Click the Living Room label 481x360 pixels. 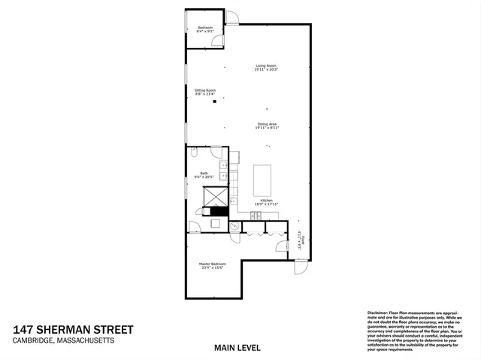[266, 68]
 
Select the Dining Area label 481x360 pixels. [267, 125]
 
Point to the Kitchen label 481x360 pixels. [267, 202]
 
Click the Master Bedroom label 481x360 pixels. [212, 265]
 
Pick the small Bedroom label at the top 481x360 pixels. [205, 29]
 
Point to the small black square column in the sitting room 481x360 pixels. [214, 101]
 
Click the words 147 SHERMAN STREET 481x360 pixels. [73, 329]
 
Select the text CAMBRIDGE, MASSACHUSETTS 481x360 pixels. [63, 340]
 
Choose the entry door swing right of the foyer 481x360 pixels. [301, 266]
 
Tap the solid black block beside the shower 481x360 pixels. [218, 211]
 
